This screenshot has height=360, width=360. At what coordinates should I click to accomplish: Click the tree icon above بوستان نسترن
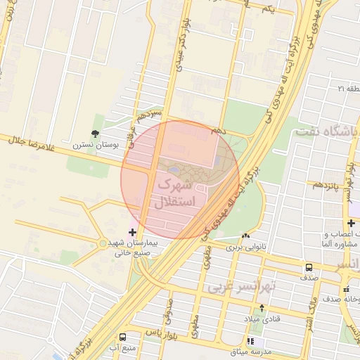pyautogui.click(x=95, y=133)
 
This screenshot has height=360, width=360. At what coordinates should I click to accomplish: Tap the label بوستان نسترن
pyautogui.click(x=96, y=145)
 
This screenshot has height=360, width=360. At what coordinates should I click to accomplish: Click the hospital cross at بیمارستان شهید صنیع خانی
pyautogui.click(x=133, y=232)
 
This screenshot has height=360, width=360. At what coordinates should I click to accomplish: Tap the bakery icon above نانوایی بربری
pyautogui.click(x=245, y=236)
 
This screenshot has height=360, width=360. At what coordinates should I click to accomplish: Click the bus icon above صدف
pyautogui.click(x=309, y=267)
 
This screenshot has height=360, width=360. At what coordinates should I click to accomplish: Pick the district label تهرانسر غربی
pyautogui.click(x=238, y=288)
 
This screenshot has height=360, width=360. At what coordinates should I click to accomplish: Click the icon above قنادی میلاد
pyautogui.click(x=262, y=307)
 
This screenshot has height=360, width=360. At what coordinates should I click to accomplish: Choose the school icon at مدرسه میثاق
pyautogui.click(x=252, y=340)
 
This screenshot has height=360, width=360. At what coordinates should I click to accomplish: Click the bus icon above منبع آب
pyautogui.click(x=123, y=337)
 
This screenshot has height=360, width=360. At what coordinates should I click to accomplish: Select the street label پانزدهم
pyautogui.click(x=328, y=185)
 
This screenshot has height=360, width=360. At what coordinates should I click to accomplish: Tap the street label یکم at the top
pyautogui.click(x=266, y=8)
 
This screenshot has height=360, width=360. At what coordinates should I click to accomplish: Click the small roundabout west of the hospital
pyautogui.click(x=103, y=243)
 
